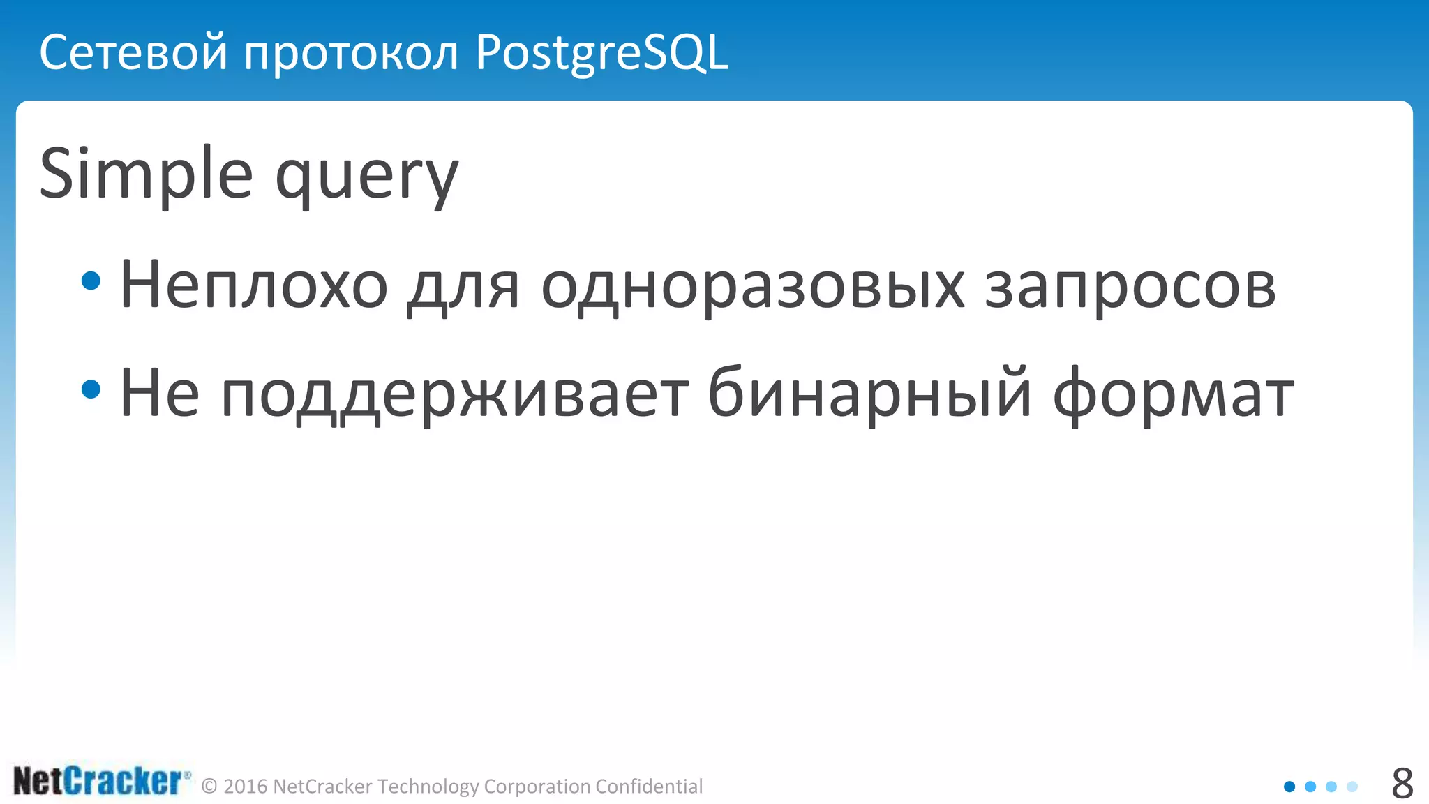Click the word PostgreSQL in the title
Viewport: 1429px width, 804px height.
(601, 53)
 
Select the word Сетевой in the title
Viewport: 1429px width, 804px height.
(133, 53)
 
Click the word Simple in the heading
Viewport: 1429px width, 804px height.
(146, 174)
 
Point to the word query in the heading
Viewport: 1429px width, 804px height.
(367, 178)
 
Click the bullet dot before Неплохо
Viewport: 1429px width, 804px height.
(91, 281)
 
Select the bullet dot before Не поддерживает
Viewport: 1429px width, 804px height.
(91, 389)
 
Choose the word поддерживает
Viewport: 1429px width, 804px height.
(454, 394)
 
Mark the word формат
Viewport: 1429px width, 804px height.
(1173, 394)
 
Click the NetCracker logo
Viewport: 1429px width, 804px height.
(101, 781)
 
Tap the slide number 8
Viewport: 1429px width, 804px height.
(1402, 783)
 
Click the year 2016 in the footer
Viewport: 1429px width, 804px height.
(246, 787)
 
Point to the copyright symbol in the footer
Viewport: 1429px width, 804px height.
(209, 787)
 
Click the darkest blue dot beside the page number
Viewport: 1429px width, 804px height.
(1289, 787)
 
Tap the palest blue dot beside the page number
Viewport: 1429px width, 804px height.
(1352, 787)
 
